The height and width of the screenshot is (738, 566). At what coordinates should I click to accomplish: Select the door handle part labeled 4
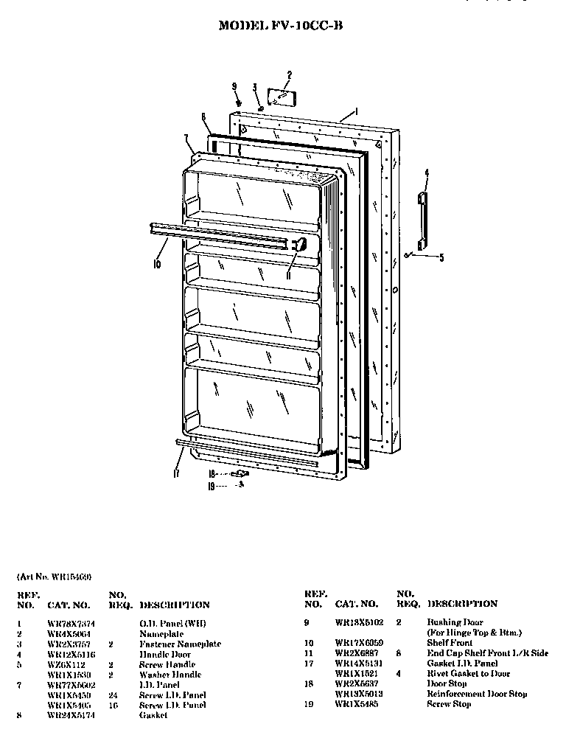click(x=422, y=221)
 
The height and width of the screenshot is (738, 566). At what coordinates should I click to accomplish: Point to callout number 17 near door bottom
click(x=175, y=474)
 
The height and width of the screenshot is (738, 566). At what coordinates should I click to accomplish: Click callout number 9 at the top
click(x=235, y=87)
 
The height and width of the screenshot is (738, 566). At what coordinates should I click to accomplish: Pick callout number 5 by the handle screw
click(x=441, y=257)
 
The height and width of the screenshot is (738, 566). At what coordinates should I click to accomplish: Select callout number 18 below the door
click(x=212, y=473)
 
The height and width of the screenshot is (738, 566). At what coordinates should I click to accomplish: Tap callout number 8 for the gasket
click(x=203, y=116)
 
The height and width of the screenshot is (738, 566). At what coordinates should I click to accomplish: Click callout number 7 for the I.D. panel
click(x=186, y=138)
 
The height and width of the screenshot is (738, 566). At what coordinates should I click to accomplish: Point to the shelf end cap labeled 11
click(x=298, y=246)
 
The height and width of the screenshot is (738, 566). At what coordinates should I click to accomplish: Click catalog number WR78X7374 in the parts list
click(x=71, y=623)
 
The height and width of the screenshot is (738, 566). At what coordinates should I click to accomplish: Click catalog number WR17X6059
click(x=359, y=643)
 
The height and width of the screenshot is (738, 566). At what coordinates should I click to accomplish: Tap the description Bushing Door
click(x=455, y=622)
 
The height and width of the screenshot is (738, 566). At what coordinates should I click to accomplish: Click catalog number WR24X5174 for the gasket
click(x=71, y=715)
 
